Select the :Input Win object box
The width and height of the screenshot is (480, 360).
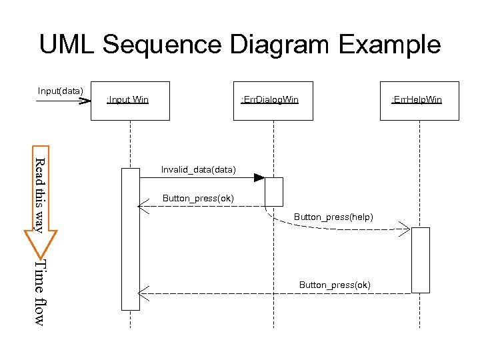click(x=130, y=101)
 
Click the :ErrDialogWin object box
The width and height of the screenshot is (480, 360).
click(x=273, y=101)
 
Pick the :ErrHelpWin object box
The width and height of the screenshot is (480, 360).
click(x=419, y=101)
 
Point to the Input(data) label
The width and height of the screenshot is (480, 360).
click(x=61, y=91)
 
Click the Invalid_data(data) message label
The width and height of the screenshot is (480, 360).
click(x=198, y=169)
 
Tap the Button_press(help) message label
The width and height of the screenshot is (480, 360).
click(x=333, y=217)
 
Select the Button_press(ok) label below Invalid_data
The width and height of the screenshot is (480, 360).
click(x=198, y=199)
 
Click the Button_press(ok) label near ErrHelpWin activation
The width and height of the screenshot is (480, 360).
click(x=335, y=285)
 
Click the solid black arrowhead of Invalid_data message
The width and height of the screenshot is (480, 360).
click(x=259, y=177)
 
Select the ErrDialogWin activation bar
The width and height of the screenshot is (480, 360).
click(x=274, y=191)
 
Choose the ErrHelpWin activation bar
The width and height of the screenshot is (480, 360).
click(x=421, y=260)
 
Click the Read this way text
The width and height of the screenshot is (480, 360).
click(x=39, y=195)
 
